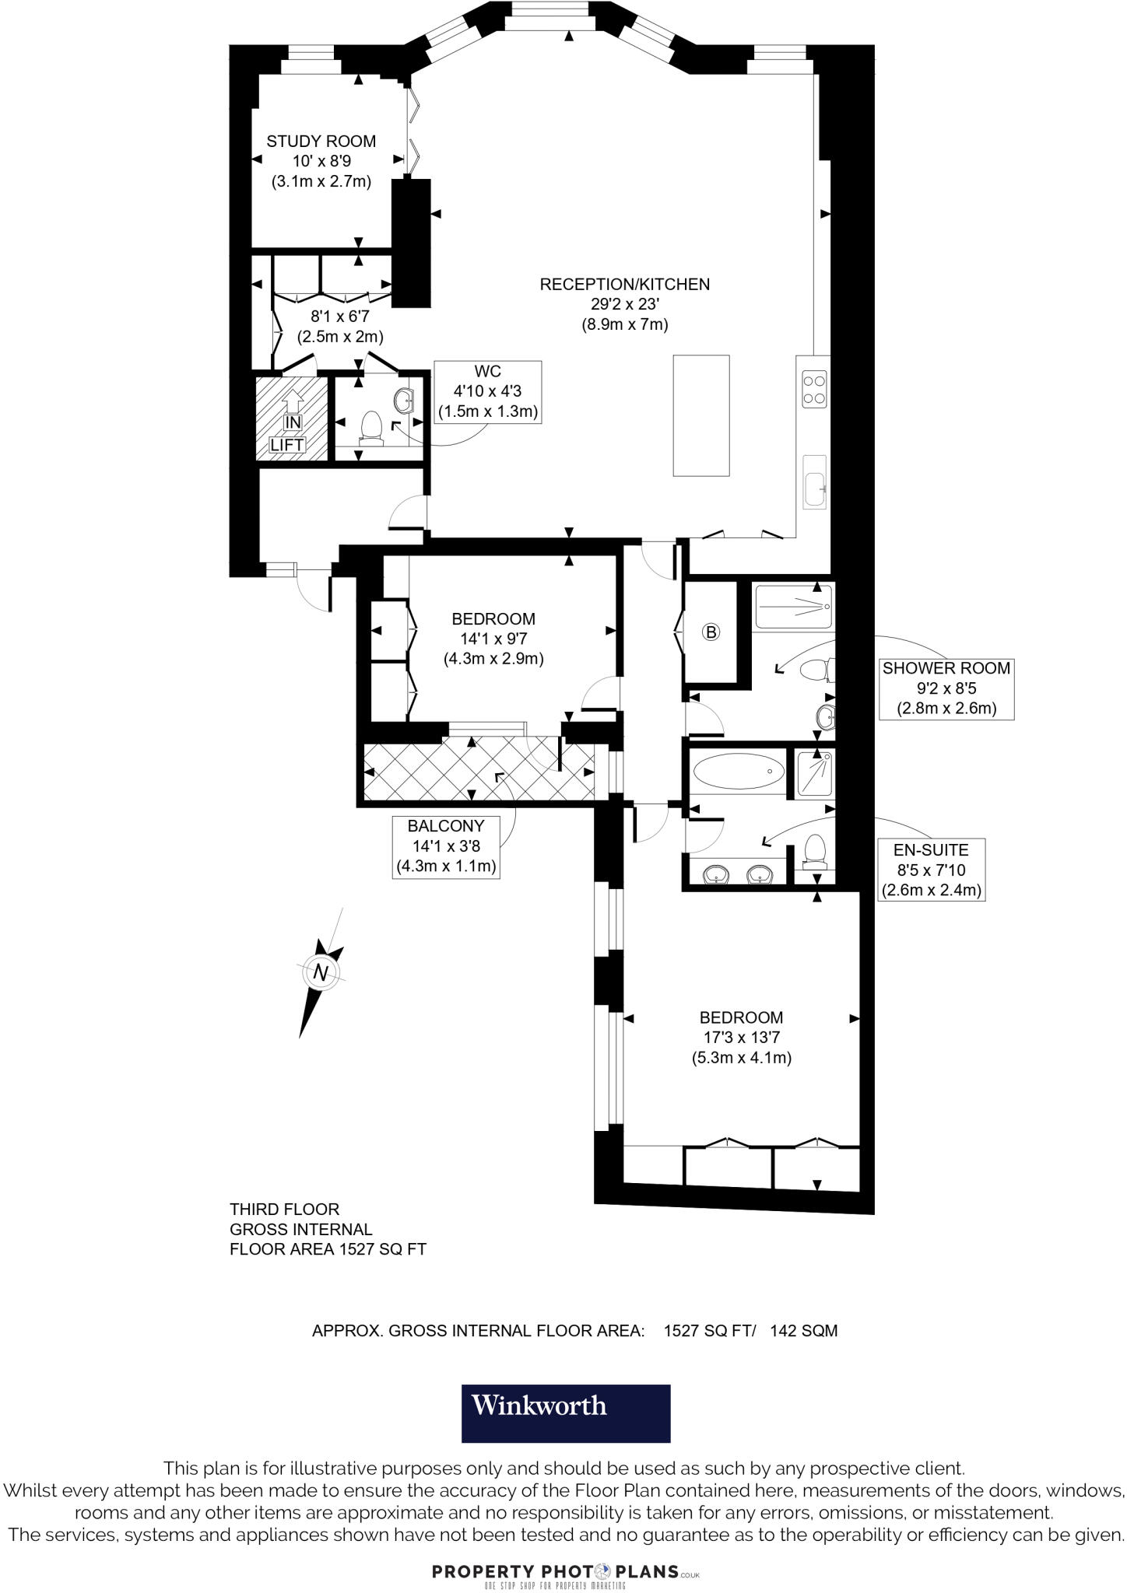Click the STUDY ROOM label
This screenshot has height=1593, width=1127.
[x=321, y=142]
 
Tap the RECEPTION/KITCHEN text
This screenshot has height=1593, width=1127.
[x=624, y=285]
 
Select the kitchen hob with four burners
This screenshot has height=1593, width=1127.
[x=814, y=390]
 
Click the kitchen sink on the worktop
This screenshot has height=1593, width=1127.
[x=814, y=481]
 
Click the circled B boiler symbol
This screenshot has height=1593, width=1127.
[x=710, y=632]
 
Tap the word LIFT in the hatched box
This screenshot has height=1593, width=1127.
[x=287, y=445]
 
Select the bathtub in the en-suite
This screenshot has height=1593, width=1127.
[x=738, y=772]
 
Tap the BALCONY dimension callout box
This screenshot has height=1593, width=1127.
[x=446, y=846]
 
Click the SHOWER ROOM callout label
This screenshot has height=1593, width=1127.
[x=946, y=668]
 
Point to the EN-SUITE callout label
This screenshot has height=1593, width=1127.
[x=931, y=850]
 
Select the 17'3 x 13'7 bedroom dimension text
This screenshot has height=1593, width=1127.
[x=741, y=1037]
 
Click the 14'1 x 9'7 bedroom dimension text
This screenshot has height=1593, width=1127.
[x=493, y=639]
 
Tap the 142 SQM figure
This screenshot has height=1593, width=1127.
[x=803, y=1330]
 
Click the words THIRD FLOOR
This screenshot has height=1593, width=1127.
[x=284, y=1210]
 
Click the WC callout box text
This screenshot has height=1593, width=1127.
[x=488, y=391]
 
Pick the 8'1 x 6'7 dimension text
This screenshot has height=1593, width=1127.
[x=340, y=317]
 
